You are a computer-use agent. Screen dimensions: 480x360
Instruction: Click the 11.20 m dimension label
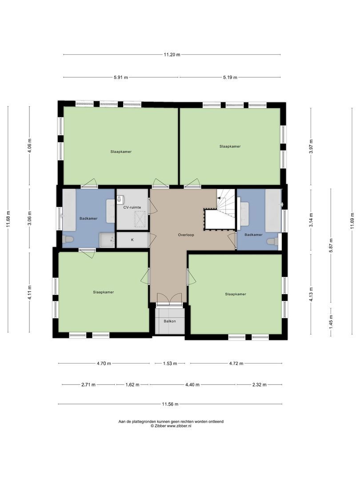[172, 55]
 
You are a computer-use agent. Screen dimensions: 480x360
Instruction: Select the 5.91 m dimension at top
[120, 77]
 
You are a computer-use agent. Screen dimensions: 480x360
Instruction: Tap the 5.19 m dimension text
[230, 77]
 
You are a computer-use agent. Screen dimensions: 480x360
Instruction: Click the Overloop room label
[185, 234]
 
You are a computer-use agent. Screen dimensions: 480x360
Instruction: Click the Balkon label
[169, 321]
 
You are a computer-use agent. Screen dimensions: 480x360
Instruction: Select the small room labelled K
[132, 240]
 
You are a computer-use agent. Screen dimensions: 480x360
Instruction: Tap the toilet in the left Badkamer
[68, 240]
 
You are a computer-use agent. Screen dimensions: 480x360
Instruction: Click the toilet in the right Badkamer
[272, 241]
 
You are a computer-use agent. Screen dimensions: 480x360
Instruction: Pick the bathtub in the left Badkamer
[69, 210]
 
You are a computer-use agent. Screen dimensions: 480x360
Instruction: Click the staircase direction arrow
[220, 197]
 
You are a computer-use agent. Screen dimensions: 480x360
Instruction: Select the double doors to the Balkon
[169, 299]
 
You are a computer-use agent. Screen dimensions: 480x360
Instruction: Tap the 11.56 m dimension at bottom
[170, 404]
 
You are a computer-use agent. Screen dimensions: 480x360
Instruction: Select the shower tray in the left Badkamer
[107, 240]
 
